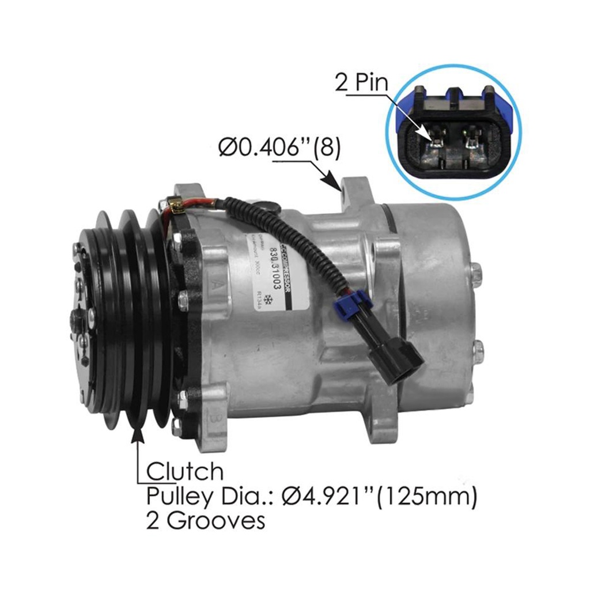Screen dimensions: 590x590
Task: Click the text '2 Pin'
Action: (x=362, y=84)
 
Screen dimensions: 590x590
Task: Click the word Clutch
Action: (x=185, y=471)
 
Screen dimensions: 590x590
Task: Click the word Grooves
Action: (x=221, y=521)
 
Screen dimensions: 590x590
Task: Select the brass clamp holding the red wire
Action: (x=173, y=203)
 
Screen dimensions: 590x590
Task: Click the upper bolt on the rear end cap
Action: (x=476, y=273)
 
